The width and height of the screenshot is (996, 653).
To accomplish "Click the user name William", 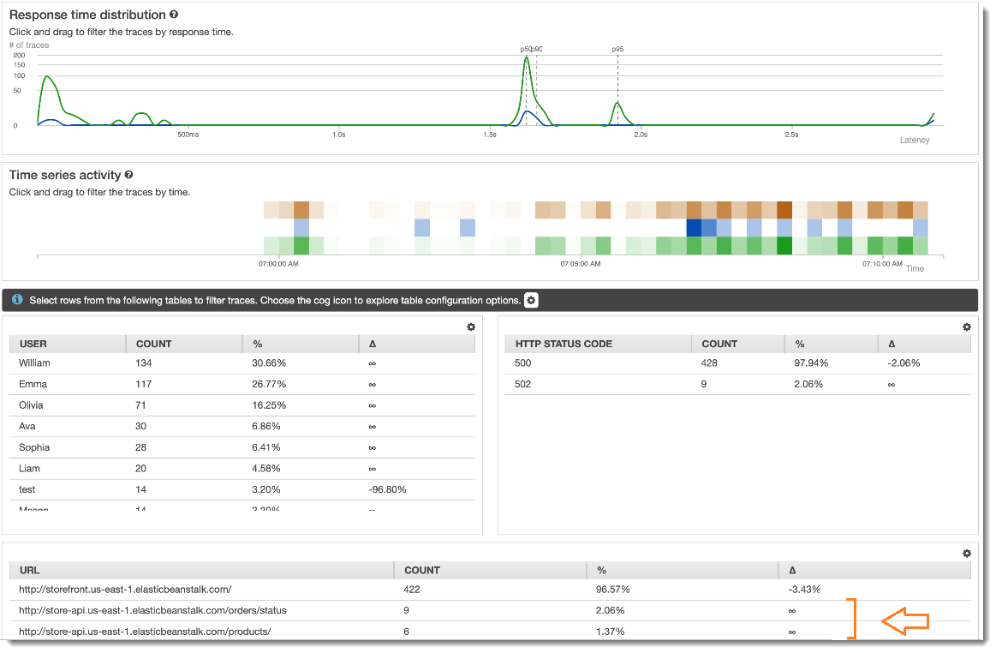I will pyautogui.click(x=34, y=363).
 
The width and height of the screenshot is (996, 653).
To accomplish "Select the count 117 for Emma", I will pyautogui.click(x=144, y=385).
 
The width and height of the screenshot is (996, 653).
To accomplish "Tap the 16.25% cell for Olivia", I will pyautogui.click(x=269, y=405).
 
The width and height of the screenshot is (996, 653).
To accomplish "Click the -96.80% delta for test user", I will pyautogui.click(x=387, y=490).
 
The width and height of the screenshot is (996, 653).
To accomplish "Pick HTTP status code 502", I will pyautogui.click(x=523, y=385).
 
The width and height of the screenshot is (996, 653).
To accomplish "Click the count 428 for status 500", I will pyautogui.click(x=710, y=363).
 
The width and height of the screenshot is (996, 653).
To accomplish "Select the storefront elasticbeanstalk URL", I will pyautogui.click(x=125, y=590).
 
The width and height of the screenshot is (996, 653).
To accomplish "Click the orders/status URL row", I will pyautogui.click(x=152, y=611).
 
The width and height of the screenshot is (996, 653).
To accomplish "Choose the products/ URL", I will pyautogui.click(x=145, y=632).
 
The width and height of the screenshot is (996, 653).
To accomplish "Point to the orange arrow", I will pyautogui.click(x=904, y=621).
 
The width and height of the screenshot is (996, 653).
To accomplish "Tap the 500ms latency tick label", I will pyautogui.click(x=188, y=135).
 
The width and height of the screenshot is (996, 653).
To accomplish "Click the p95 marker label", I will pyautogui.click(x=617, y=50).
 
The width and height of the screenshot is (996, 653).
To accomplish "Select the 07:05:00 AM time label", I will pyautogui.click(x=581, y=265).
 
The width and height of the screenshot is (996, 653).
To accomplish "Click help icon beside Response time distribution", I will pyautogui.click(x=174, y=15).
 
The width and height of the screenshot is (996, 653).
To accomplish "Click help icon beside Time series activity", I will pyautogui.click(x=128, y=175).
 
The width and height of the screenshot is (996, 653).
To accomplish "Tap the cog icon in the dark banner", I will pyautogui.click(x=531, y=301).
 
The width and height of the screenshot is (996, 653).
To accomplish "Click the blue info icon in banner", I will pyautogui.click(x=17, y=301).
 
